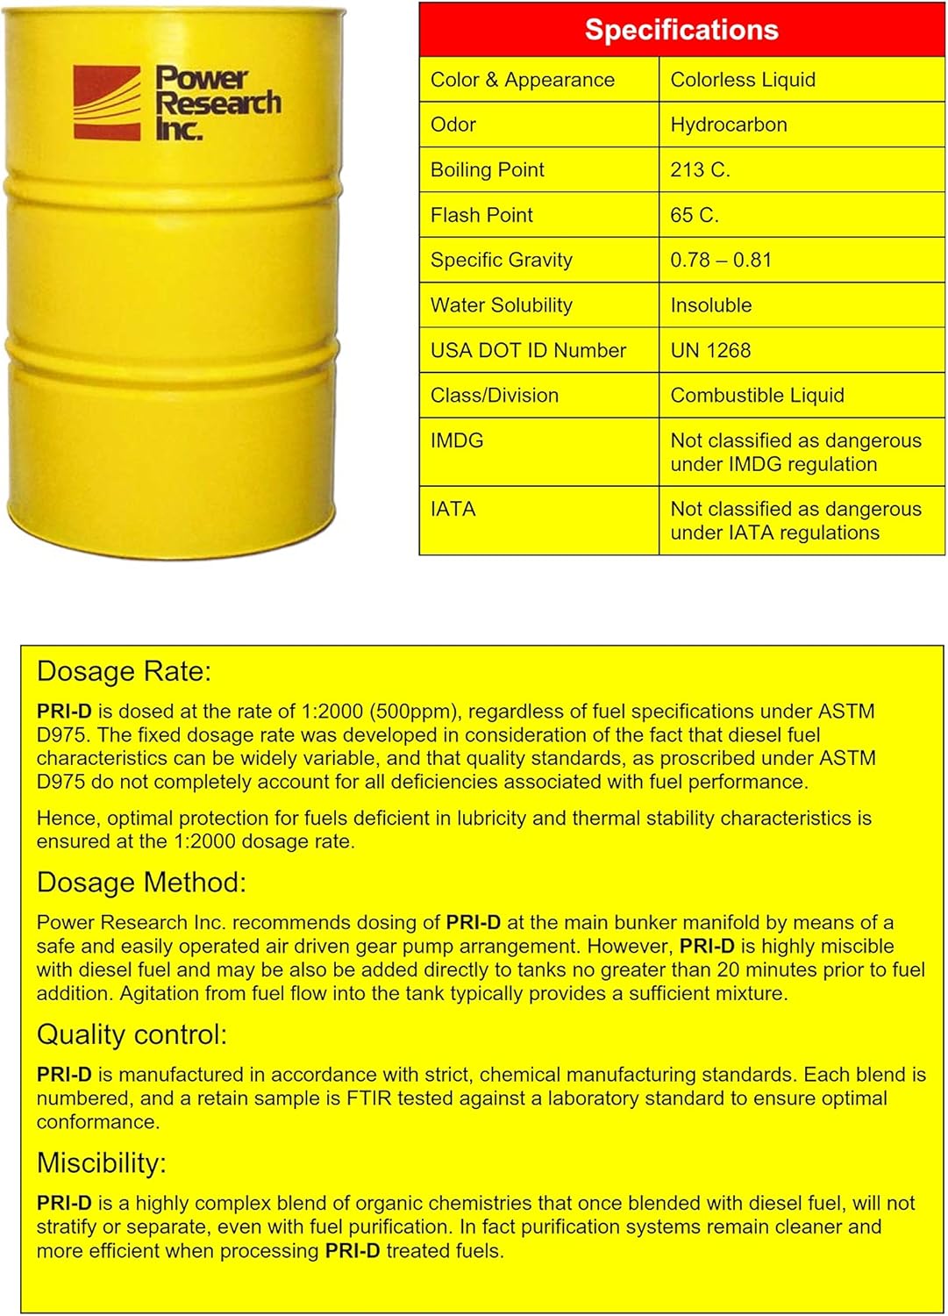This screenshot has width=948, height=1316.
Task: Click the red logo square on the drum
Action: tap(106, 103)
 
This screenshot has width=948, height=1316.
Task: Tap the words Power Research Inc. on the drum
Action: tap(217, 103)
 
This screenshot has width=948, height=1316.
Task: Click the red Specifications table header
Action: tap(681, 30)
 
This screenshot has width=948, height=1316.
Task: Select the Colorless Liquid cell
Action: tap(743, 80)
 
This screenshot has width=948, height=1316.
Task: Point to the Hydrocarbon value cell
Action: tap(729, 125)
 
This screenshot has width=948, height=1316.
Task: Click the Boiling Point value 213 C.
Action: tap(700, 170)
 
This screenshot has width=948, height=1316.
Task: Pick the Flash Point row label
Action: tap(481, 215)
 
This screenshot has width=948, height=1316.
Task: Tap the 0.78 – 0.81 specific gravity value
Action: tap(721, 260)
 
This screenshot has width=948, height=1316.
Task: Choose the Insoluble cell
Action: tap(711, 305)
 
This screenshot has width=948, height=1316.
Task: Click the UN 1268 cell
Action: tap(710, 350)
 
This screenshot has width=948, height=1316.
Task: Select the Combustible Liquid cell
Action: tap(757, 396)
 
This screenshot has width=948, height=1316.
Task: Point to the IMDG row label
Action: tap(457, 440)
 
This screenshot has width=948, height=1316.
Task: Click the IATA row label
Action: tap(453, 509)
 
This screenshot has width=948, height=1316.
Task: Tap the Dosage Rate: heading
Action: tap(124, 671)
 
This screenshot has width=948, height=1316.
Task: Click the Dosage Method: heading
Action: tap(141, 882)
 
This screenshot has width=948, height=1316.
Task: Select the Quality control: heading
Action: tap(132, 1034)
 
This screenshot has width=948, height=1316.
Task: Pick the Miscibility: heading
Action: tap(101, 1162)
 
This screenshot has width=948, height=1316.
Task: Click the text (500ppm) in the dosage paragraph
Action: tap(400, 712)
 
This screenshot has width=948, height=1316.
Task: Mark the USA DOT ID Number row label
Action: tap(528, 350)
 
